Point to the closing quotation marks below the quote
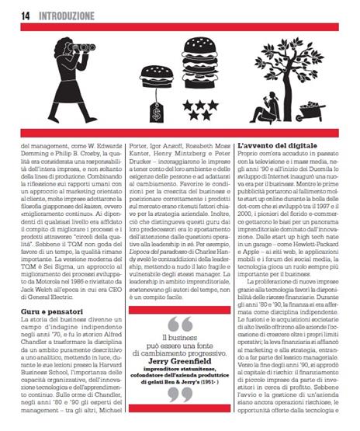pos(179,395)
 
